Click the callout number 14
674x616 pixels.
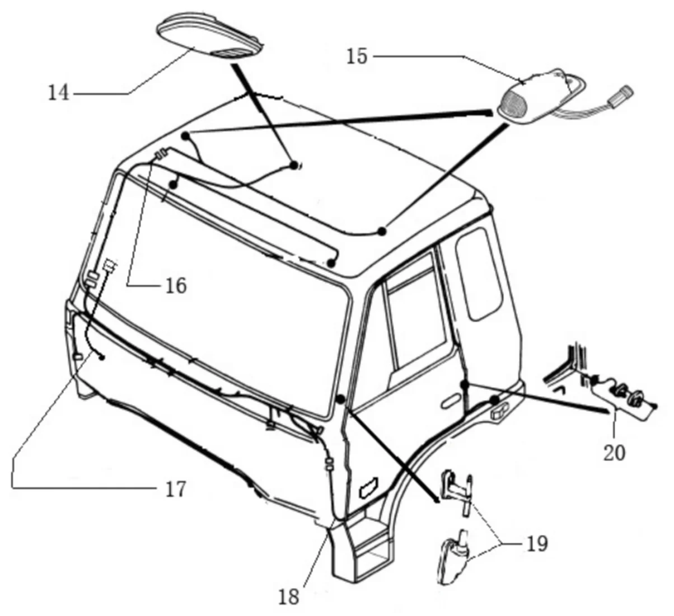click(59, 92)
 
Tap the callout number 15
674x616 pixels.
click(357, 57)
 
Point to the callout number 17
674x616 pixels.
click(175, 490)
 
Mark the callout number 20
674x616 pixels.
click(614, 452)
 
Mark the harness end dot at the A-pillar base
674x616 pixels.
click(340, 399)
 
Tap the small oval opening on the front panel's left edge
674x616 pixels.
click(78, 356)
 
